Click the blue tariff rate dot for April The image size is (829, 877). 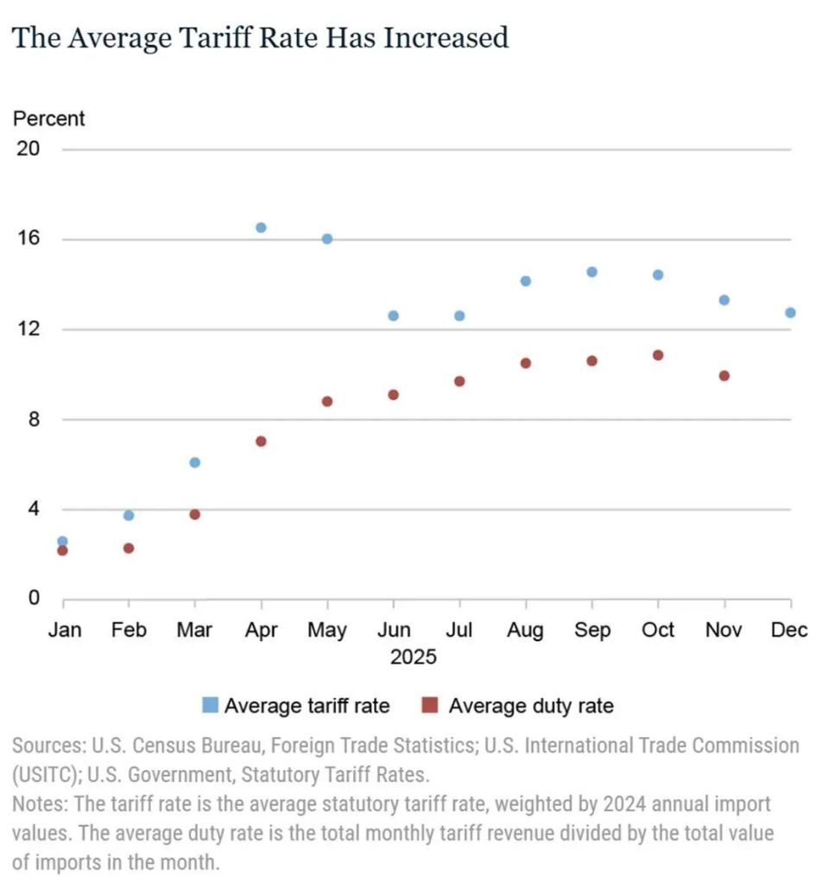click(261, 227)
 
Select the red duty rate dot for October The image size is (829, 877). click(658, 355)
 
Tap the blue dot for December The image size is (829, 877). click(790, 313)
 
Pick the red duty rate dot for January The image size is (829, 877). click(62, 550)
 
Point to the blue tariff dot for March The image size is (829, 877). click(194, 462)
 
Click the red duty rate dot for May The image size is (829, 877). click(327, 401)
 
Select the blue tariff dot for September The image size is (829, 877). click(592, 272)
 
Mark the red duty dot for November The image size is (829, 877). click(724, 376)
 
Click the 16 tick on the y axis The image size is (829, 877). click(28, 238)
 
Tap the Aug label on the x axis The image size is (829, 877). click(525, 630)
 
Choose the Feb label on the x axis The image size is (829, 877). click(129, 630)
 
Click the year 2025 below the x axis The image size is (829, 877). click(414, 658)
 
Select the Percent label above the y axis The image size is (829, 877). click(49, 118)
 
